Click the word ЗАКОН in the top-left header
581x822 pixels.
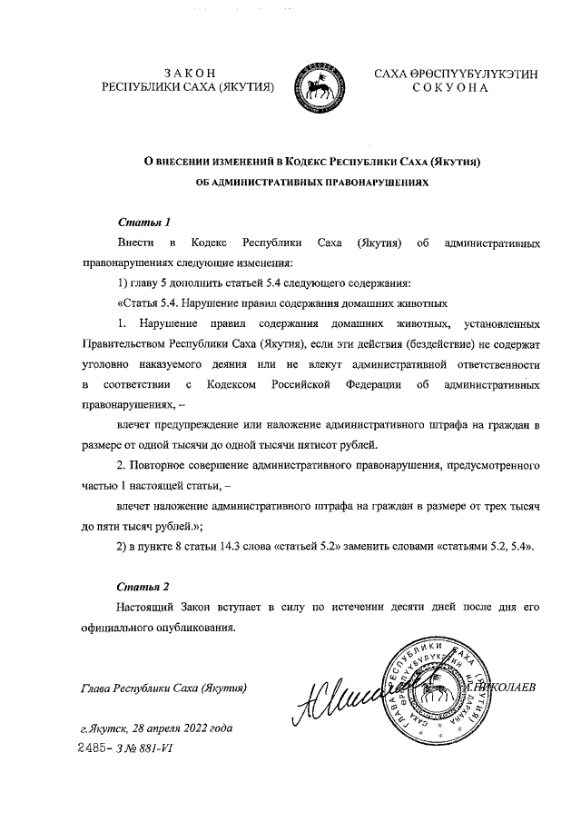tap(189, 72)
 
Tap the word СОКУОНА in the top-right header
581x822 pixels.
tap(450, 88)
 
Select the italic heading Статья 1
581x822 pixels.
tap(144, 223)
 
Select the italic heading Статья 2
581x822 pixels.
tap(144, 586)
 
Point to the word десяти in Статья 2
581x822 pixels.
tap(391, 607)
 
